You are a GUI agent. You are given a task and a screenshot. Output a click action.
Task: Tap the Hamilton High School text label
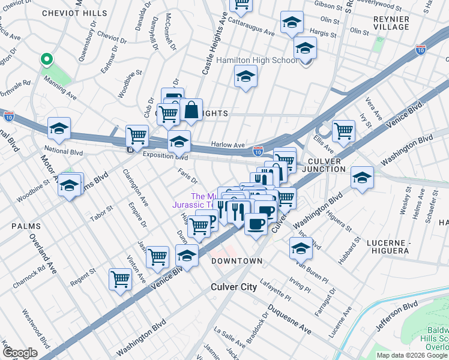[257, 61]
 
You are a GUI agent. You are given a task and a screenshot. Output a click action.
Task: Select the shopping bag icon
[191, 110]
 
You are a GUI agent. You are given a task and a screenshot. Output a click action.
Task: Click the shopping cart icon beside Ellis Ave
[343, 130]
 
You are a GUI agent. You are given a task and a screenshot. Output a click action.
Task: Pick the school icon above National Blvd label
[59, 128]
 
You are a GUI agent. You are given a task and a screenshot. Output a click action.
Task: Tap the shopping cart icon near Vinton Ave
[120, 279]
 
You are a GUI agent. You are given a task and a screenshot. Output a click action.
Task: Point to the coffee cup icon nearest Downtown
[256, 224]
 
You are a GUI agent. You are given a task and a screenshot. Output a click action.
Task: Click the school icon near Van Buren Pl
[301, 247]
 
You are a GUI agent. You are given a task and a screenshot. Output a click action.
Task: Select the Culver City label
[234, 287]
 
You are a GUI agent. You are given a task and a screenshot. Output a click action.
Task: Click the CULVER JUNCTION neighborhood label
[325, 166]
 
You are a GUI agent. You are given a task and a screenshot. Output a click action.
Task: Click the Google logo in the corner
[19, 353]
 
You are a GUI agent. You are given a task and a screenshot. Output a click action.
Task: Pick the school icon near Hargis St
[292, 22]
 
